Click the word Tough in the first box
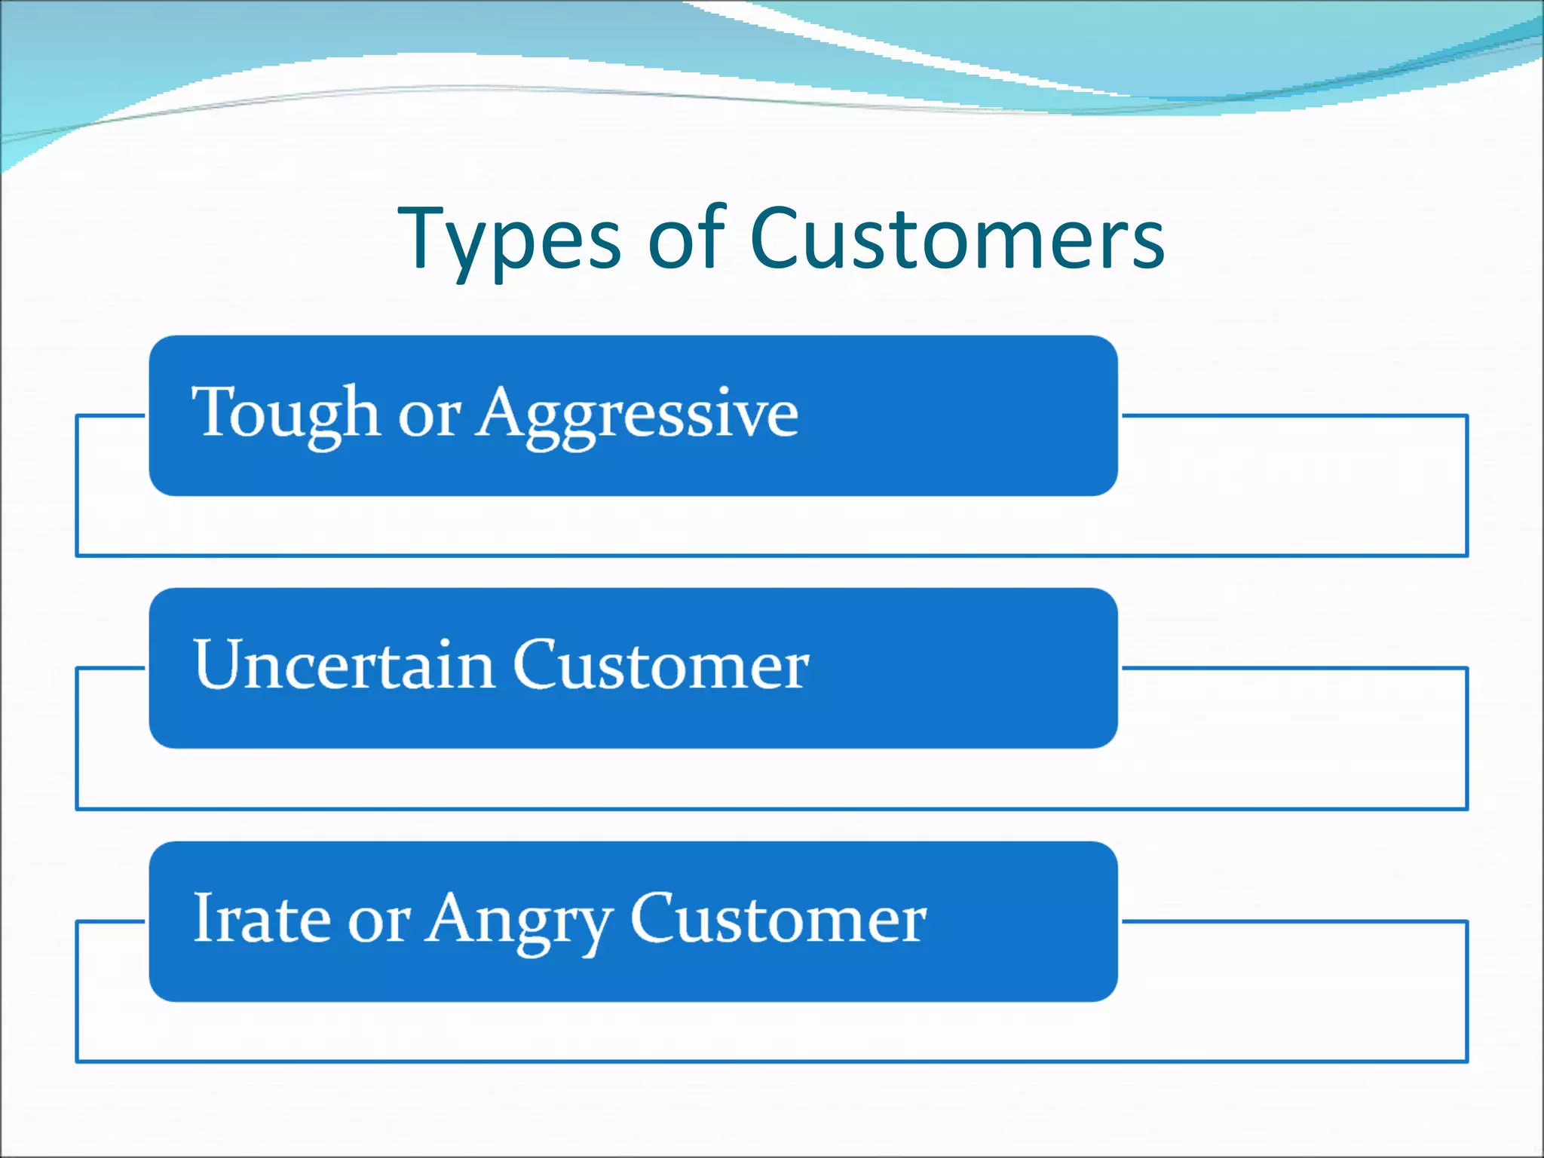tap(285, 413)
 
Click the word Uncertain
tap(344, 665)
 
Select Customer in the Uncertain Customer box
tap(661, 665)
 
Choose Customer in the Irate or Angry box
tap(778, 918)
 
